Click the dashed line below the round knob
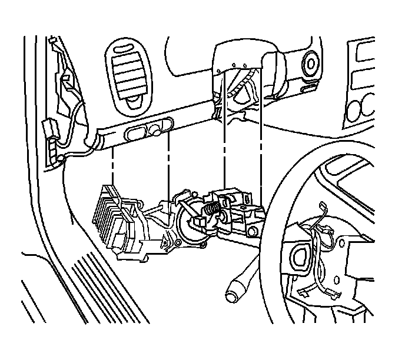(x=169, y=165)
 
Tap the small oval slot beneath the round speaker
(x=307, y=89)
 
